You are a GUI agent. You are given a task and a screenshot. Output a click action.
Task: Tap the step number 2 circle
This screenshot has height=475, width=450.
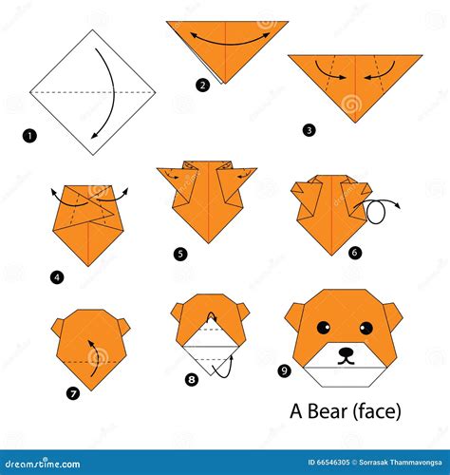click(202, 85)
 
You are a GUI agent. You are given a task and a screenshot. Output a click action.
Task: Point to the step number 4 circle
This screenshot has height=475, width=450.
click(57, 277)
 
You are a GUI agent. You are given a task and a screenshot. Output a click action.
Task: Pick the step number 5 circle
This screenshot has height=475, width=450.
click(180, 254)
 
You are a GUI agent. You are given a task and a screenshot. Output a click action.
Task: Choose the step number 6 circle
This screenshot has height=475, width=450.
click(354, 252)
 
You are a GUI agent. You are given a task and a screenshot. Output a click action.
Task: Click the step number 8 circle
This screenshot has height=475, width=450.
click(193, 379)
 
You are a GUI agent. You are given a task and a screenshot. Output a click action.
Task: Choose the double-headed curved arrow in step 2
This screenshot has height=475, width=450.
click(225, 38)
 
